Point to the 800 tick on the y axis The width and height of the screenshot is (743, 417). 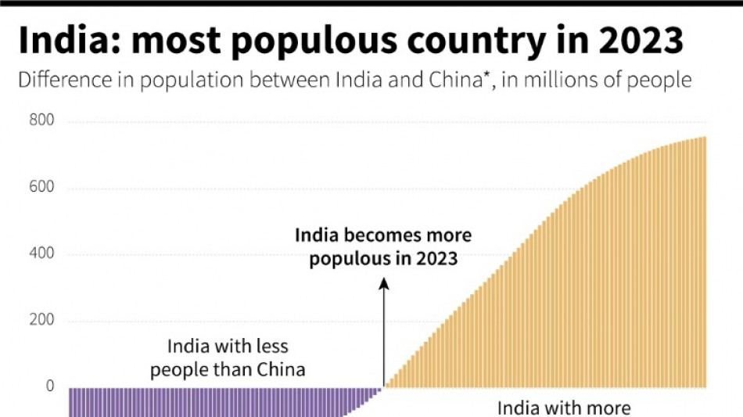(x=42, y=121)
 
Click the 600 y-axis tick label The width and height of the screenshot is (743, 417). (x=42, y=188)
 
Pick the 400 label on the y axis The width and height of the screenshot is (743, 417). (x=42, y=254)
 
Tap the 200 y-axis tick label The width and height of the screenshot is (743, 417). (x=42, y=321)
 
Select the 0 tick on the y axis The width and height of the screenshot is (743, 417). (x=50, y=386)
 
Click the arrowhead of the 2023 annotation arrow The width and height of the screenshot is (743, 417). (x=383, y=285)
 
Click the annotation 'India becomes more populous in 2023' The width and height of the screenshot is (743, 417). (x=382, y=246)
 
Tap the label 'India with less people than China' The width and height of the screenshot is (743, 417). (x=228, y=358)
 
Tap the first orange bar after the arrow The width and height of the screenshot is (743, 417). (x=386, y=386)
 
